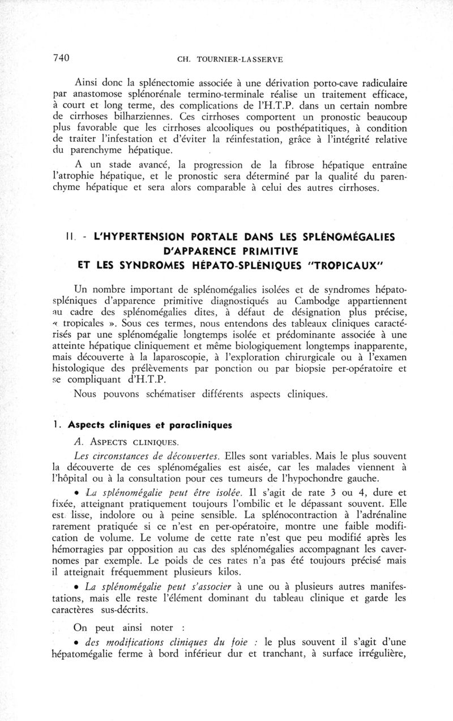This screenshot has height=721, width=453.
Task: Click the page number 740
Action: pos(61,58)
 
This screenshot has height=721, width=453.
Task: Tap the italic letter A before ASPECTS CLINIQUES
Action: pos(79,441)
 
